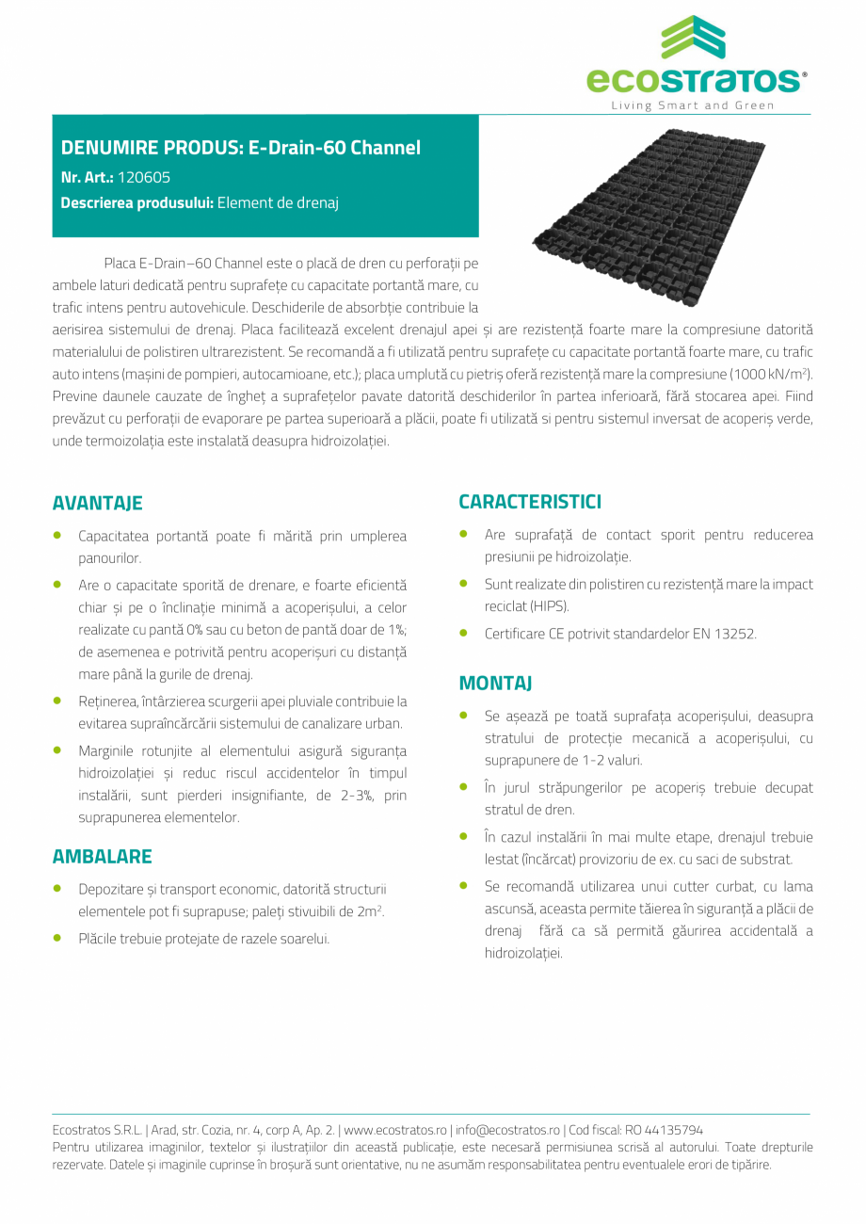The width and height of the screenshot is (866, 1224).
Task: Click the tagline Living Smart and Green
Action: (692, 105)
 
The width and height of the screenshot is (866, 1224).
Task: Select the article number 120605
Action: (144, 176)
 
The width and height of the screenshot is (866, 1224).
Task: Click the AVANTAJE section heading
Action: (98, 503)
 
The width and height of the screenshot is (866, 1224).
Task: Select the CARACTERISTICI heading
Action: (530, 502)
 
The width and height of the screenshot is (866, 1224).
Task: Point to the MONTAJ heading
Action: (496, 683)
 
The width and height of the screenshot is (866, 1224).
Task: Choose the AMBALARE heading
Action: (102, 857)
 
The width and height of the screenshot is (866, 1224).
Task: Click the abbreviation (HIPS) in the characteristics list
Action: (549, 606)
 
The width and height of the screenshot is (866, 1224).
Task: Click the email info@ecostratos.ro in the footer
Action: (507, 1130)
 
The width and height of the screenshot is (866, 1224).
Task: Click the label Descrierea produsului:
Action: (137, 202)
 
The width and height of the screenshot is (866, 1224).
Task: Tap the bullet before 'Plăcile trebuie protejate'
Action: (58, 938)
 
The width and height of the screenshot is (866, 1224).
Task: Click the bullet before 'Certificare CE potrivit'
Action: (464, 634)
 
